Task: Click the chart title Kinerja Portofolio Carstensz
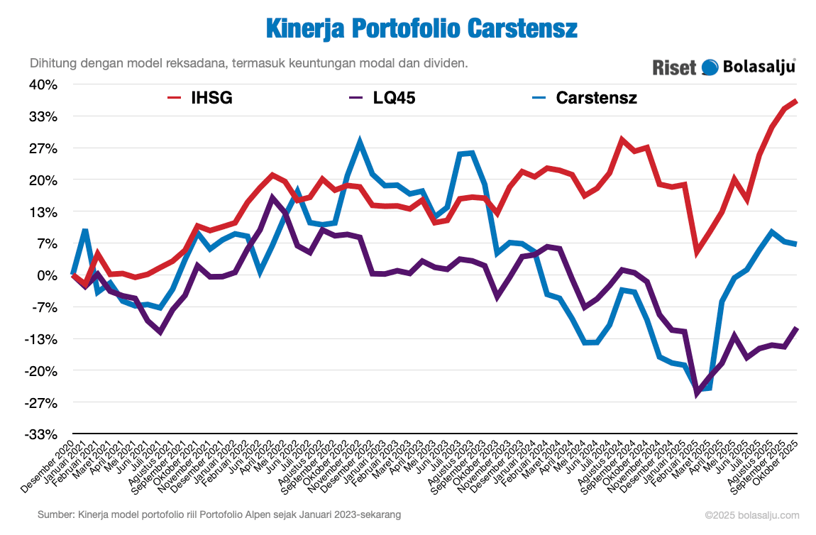[421, 29]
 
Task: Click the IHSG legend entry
[199, 98]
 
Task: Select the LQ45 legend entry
[382, 98]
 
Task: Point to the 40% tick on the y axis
[43, 84]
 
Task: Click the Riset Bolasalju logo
[724, 67]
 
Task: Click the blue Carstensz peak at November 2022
[360, 142]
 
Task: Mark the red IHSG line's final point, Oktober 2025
[796, 101]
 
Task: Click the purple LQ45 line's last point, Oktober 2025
[796, 328]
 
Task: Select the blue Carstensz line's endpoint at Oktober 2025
[796, 244]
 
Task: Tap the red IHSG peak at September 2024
[622, 140]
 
